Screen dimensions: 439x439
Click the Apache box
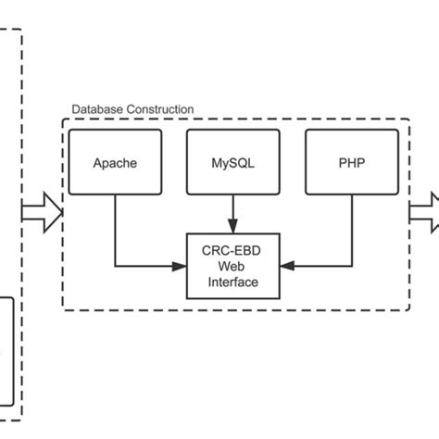pos(115,163)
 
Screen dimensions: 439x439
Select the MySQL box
pos(232,163)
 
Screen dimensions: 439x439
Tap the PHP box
pos(351,163)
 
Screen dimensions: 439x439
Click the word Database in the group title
pos(97,109)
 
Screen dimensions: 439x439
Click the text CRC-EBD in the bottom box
pos(232,250)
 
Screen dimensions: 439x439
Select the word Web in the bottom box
pos(232,266)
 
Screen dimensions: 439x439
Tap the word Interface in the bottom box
pos(232,282)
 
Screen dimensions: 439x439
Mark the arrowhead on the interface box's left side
pos(182,266)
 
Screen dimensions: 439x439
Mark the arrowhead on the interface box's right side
pos(285,266)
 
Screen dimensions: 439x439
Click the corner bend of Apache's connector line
pos(115,266)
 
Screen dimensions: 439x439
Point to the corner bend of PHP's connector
pos(351,266)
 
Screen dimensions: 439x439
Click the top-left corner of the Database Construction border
pos(63,119)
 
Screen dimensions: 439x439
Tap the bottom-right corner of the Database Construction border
pos(409,309)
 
